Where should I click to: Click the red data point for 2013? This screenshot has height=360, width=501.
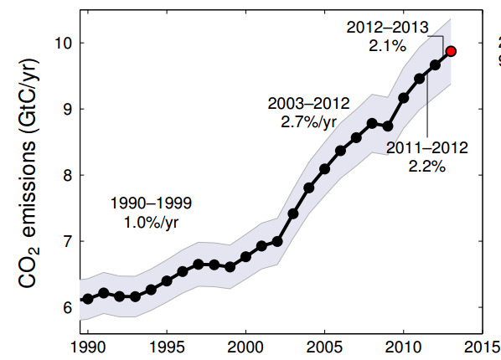tap(451, 51)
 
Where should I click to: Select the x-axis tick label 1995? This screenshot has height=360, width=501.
tap(167, 347)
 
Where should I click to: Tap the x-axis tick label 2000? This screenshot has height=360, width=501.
tap(245, 347)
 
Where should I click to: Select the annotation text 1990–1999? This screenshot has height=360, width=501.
tap(151, 203)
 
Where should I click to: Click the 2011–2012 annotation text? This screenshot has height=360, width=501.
tap(427, 148)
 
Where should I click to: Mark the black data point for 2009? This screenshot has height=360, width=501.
tap(388, 126)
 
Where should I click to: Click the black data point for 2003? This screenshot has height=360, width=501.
tap(293, 213)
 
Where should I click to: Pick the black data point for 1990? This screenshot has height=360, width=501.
tap(88, 298)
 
